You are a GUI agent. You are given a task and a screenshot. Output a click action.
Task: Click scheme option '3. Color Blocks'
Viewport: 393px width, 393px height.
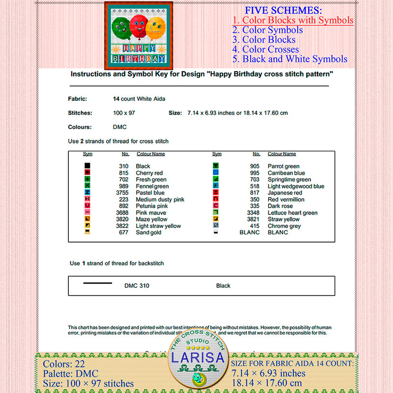point(264,40)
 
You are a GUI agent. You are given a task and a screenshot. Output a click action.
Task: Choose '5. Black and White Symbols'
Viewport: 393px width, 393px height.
point(290,59)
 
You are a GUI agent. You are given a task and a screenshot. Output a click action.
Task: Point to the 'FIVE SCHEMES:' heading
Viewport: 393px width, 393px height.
point(283,10)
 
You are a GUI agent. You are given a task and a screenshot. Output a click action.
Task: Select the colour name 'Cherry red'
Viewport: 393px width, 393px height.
point(149,173)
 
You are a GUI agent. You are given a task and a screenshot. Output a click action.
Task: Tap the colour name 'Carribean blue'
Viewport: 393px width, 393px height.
point(286,173)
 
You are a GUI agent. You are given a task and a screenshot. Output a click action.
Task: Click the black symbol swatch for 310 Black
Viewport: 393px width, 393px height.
point(87,166)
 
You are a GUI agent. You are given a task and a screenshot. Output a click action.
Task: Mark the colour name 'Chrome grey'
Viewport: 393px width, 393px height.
point(284,226)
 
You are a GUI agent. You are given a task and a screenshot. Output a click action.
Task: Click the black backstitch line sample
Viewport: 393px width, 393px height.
point(97,283)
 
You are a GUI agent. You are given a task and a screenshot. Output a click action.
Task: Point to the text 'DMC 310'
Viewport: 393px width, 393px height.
point(137,285)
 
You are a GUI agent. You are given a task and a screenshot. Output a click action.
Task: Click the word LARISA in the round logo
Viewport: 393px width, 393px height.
point(199,358)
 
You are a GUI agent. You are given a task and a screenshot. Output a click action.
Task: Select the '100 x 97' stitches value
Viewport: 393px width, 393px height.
point(124,112)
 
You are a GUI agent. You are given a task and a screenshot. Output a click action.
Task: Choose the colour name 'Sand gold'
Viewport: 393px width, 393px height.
point(149,232)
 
